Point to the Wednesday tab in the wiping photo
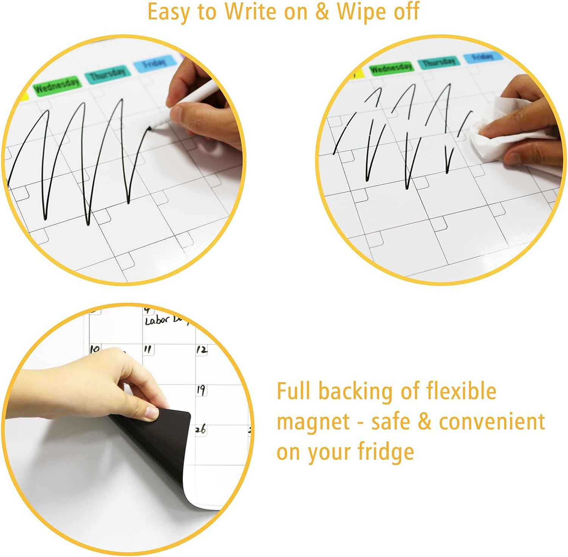point(391,68)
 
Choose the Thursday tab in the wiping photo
point(439,62)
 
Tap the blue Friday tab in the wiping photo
point(482,57)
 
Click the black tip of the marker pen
point(150,129)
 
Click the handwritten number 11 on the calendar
point(148,349)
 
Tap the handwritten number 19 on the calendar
point(201,389)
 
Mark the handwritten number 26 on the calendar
point(201,429)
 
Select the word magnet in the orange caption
point(313,422)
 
